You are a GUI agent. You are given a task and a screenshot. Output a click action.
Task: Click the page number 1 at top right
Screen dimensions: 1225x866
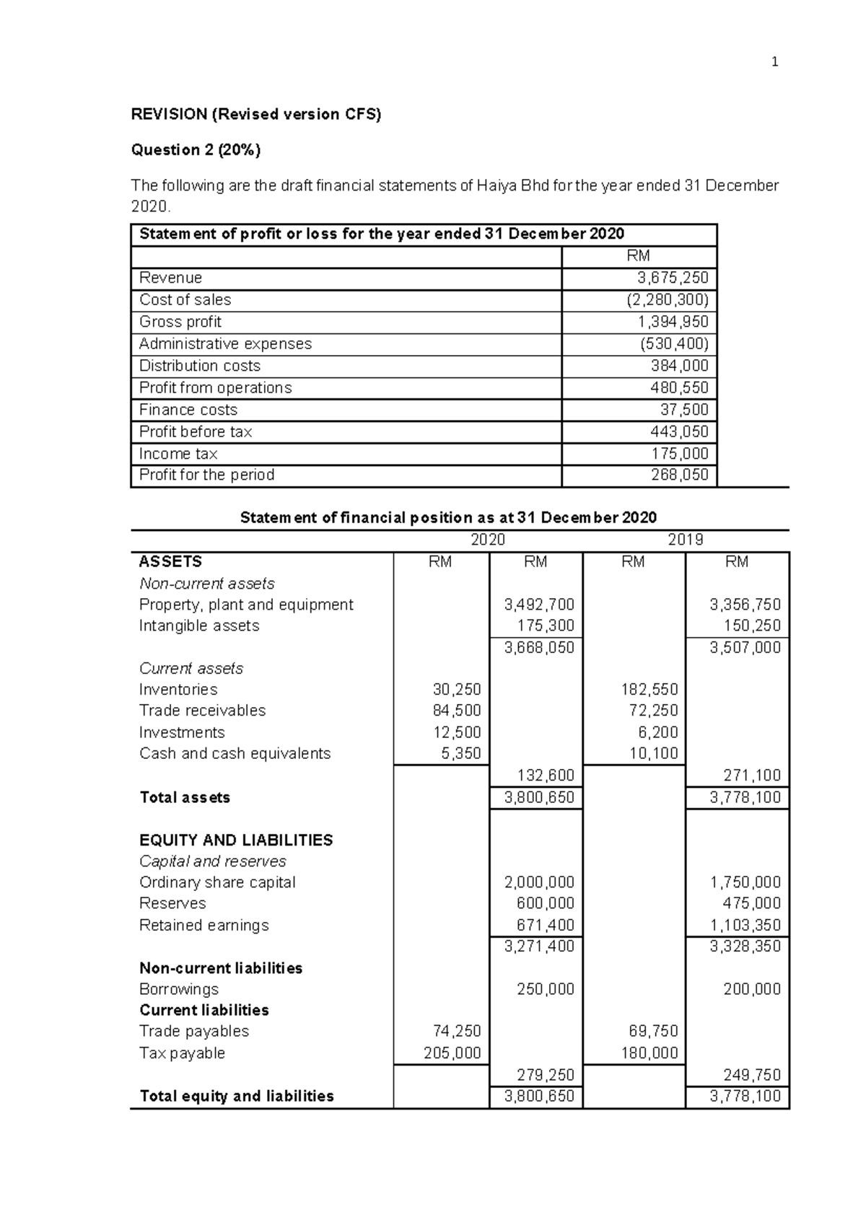pos(775,62)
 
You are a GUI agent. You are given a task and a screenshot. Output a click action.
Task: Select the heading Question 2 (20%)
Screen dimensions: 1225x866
pos(196,150)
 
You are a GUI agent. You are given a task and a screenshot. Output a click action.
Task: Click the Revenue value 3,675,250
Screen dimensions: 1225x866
pos(673,278)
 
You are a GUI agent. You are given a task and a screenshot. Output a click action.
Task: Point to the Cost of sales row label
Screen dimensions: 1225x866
pos(185,300)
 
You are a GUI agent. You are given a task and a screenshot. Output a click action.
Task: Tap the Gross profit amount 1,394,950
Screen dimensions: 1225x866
pos(673,322)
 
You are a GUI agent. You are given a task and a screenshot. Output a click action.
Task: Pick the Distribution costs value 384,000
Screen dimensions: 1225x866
pos(680,366)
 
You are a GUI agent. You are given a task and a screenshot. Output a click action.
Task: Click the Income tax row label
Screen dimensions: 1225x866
pos(178,454)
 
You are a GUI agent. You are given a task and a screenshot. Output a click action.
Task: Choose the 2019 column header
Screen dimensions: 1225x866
pos(685,540)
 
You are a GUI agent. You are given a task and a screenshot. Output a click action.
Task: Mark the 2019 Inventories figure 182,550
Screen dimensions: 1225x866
pos(649,690)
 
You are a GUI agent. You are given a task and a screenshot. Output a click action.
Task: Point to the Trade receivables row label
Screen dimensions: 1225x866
pos(202,711)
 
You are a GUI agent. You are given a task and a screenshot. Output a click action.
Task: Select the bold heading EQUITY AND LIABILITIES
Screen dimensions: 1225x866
pos(236,840)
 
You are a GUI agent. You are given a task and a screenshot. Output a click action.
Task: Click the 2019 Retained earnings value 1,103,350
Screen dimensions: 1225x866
pos(745,925)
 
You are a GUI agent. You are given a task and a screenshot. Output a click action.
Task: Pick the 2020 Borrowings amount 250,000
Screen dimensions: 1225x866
pos(546,989)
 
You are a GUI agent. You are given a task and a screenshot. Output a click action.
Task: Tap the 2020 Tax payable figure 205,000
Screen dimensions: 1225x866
pos(452,1053)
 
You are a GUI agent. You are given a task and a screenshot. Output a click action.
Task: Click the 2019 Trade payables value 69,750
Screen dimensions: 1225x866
pos(655,1031)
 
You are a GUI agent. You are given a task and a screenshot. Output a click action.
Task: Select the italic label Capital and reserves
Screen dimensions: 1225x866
pos(212,861)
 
